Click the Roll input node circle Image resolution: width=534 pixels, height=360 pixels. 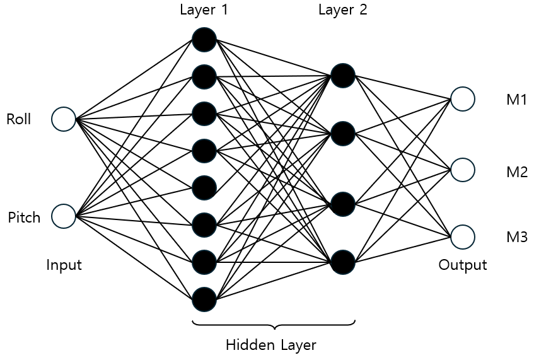tap(64, 119)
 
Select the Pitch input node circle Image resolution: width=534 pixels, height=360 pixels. tap(64, 216)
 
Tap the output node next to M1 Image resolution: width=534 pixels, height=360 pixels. tap(462, 98)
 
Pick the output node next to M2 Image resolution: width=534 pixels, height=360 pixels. tap(462, 170)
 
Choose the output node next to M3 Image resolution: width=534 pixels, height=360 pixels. tap(462, 236)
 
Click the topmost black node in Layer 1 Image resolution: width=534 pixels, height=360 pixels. tap(204, 40)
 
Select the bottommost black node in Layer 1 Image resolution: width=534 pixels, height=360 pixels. tap(204, 299)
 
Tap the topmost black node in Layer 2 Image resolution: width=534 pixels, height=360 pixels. tap(343, 75)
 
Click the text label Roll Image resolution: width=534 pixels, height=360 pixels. tap(19, 119)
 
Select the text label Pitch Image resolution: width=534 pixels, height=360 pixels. tap(24, 218)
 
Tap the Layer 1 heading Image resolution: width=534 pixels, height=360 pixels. tap(204, 10)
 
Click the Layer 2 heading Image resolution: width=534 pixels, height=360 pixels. tap(342, 10)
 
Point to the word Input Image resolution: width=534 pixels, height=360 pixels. tap(64, 265)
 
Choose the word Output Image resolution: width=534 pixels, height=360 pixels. tap(463, 265)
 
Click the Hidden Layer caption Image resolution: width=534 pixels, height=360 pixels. tap(270, 345)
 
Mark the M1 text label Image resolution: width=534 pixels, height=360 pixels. tap(516, 100)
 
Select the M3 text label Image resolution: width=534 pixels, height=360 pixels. tap(516, 238)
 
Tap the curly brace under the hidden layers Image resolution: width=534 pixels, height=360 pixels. tap(274, 325)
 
